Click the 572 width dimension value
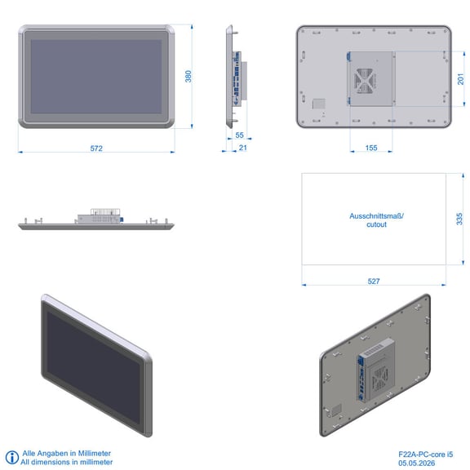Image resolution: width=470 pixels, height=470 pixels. pos(96,149)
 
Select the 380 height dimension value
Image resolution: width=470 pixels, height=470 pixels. pos(188,77)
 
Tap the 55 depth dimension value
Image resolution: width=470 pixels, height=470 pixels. pos(240,135)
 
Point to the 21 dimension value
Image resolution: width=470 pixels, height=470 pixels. pos(243,148)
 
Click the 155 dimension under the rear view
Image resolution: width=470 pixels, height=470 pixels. pos(371,148)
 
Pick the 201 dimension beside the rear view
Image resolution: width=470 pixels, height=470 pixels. pos(461,79)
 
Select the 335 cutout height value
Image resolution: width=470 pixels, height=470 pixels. pos(459,219)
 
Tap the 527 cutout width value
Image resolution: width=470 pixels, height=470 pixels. pos(374,282)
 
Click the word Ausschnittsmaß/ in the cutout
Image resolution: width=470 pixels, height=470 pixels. pos(376,215)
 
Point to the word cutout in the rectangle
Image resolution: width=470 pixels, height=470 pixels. pos(376,224)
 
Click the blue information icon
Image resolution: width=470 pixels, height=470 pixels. pos(12,458)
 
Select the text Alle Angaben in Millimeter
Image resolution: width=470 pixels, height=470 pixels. pos(67,453)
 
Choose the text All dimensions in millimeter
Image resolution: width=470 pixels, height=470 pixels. pos(67,462)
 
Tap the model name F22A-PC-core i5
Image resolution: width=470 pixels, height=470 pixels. pos(426,454)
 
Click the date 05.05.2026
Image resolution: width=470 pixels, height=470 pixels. pos(417,463)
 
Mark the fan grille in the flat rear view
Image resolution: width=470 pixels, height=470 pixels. pos(364,81)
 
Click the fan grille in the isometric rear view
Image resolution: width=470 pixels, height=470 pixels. pos(379,379)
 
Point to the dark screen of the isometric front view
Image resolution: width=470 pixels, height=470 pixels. pos(93,367)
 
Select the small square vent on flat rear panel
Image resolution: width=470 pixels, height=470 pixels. pos(318,104)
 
